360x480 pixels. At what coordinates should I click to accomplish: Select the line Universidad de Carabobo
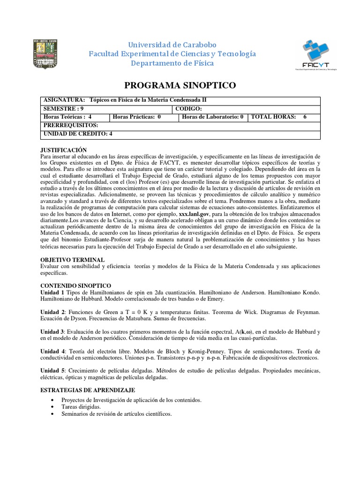(172, 45)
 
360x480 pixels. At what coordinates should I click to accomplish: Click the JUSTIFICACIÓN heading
(64, 150)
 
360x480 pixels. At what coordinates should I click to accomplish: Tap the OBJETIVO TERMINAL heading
(73, 260)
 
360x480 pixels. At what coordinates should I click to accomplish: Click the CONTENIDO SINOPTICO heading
(76, 285)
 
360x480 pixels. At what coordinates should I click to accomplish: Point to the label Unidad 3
(52, 331)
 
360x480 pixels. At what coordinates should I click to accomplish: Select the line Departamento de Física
(172, 63)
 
